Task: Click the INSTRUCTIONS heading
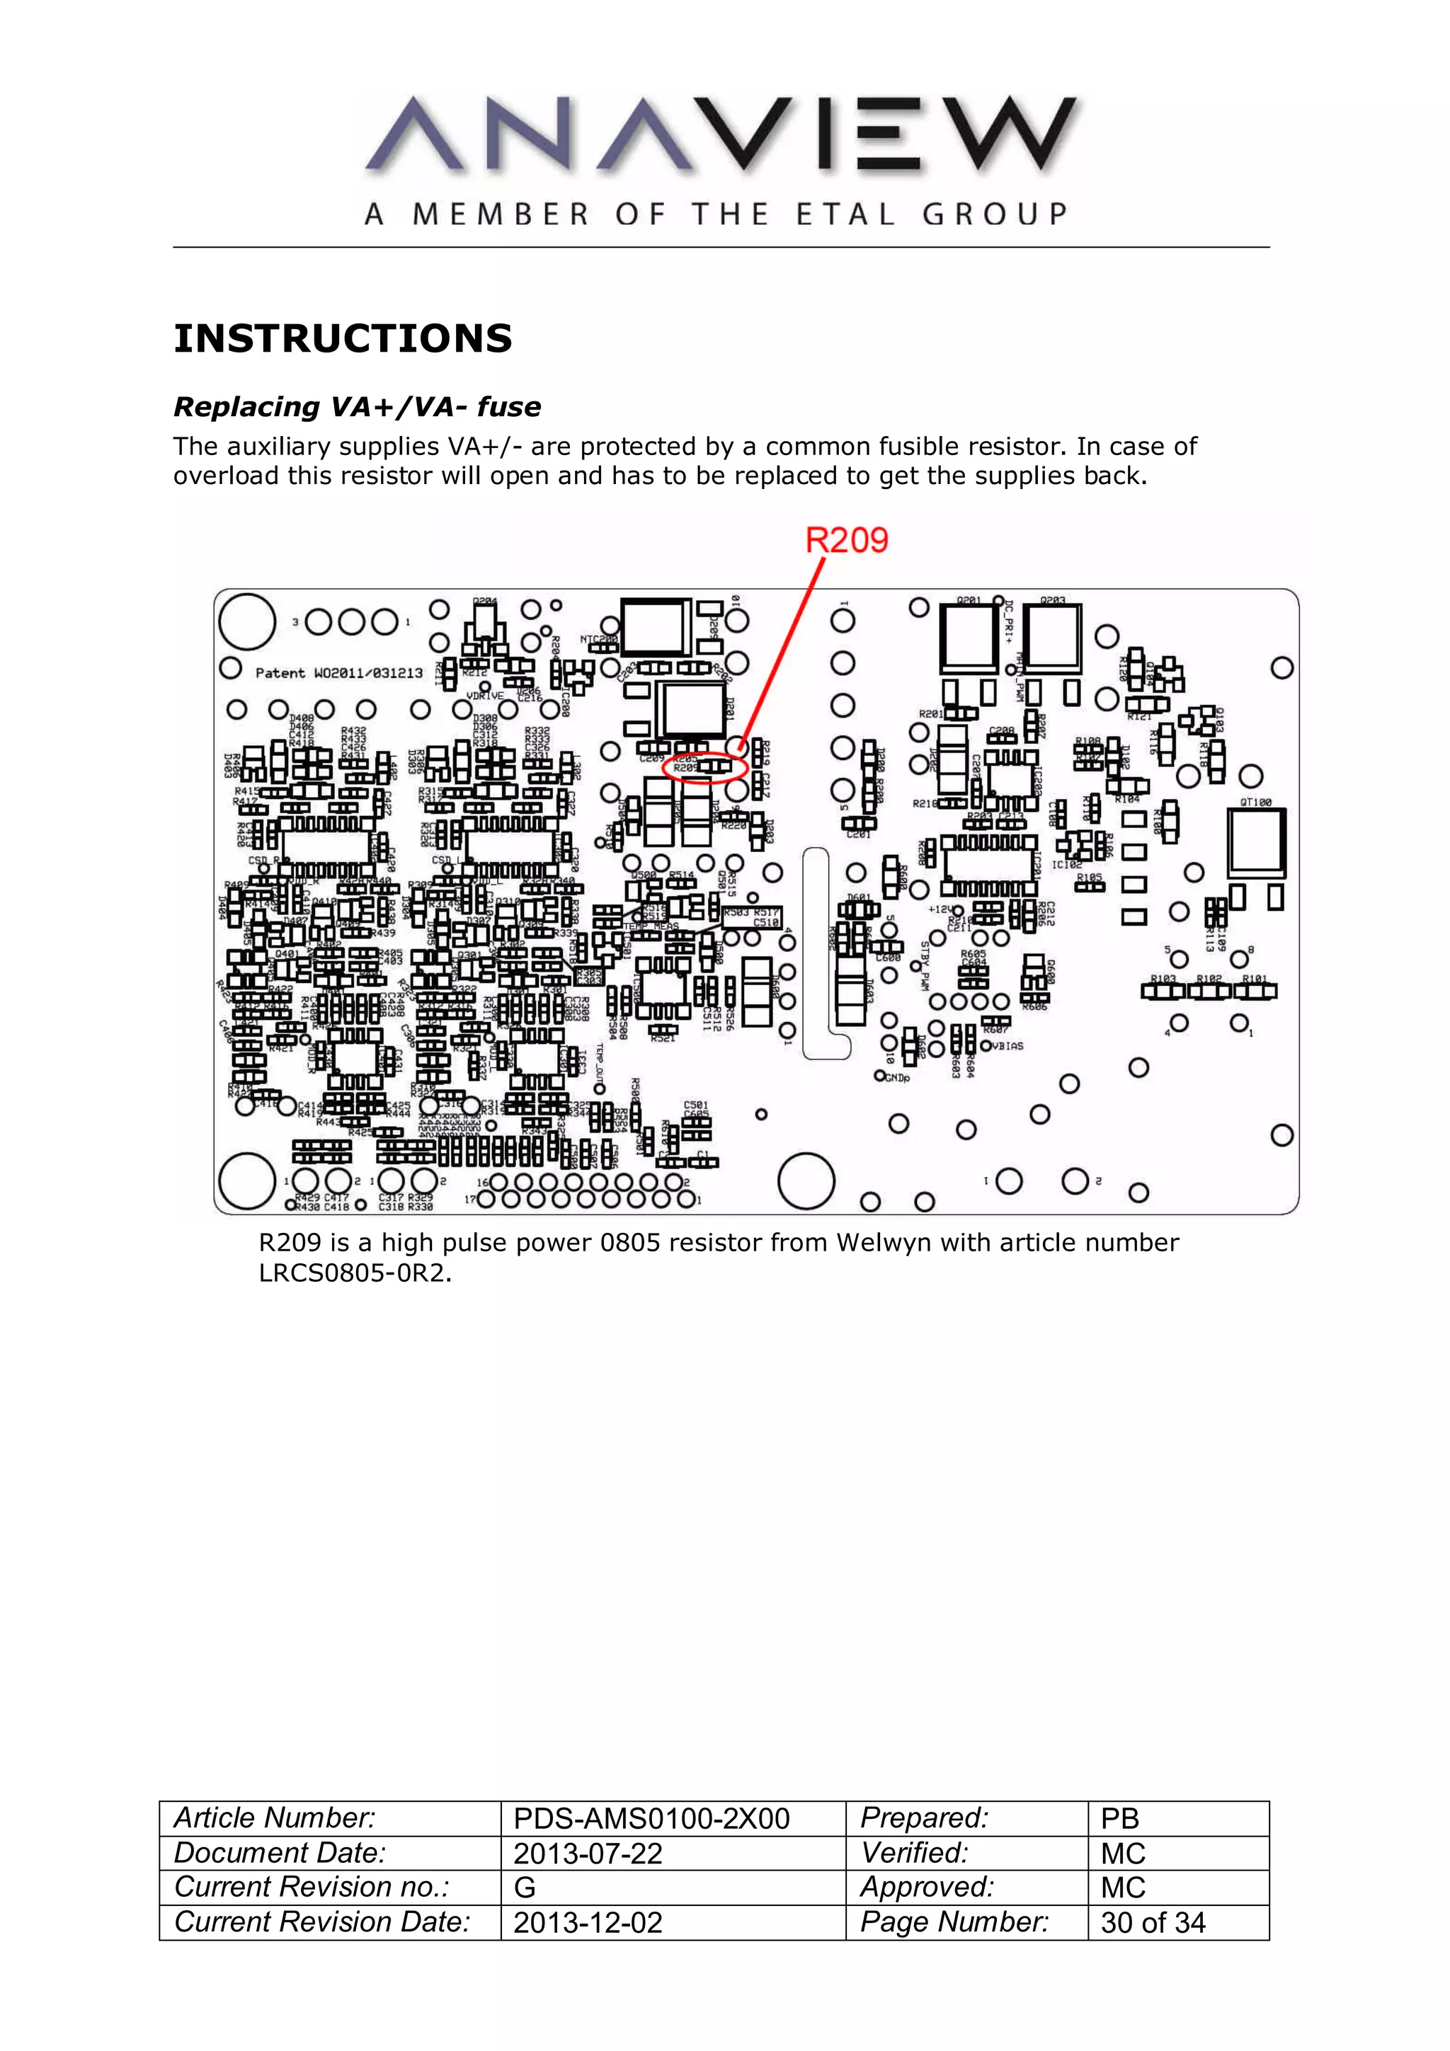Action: pyautogui.click(x=343, y=338)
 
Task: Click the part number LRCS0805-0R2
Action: pyautogui.click(x=354, y=1273)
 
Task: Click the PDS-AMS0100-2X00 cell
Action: pyautogui.click(x=651, y=1819)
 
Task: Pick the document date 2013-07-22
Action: pyautogui.click(x=588, y=1854)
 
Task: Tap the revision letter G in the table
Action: pyautogui.click(x=525, y=1888)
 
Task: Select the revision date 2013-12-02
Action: pyautogui.click(x=588, y=1922)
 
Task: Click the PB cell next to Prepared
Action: pyautogui.click(x=1119, y=1819)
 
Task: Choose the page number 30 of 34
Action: pyautogui.click(x=1153, y=1922)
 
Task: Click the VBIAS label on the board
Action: pyautogui.click(x=1007, y=1045)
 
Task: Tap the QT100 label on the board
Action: pyautogui.click(x=1255, y=802)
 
